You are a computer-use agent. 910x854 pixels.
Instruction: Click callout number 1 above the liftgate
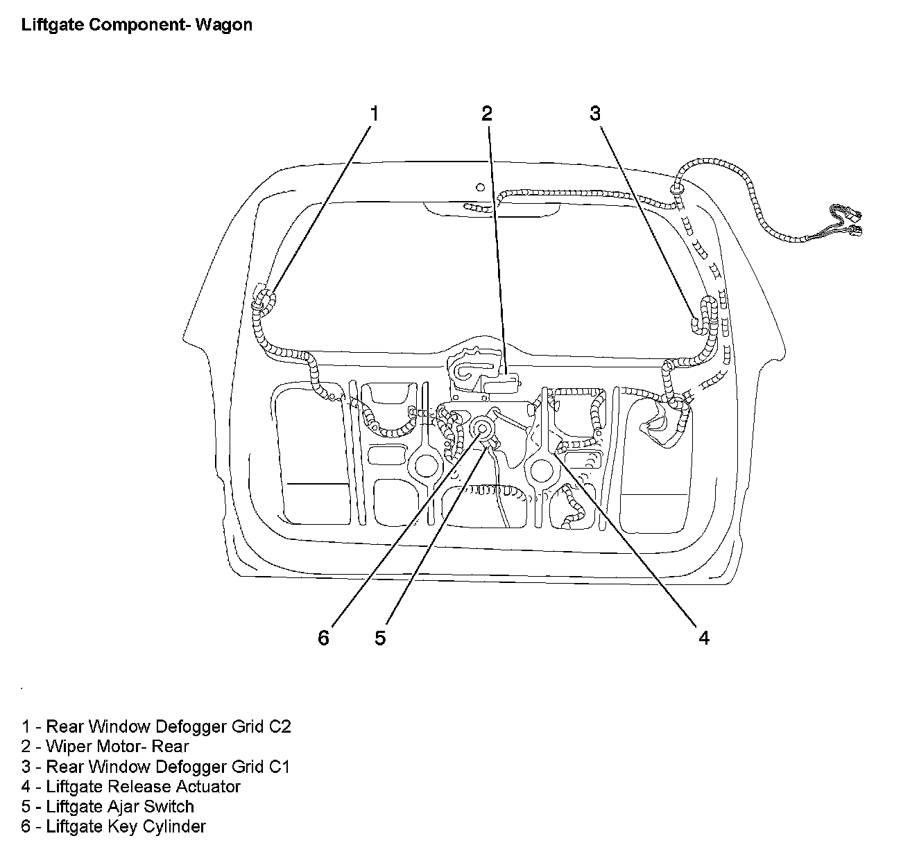(x=375, y=114)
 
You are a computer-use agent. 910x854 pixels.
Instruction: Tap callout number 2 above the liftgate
(x=487, y=114)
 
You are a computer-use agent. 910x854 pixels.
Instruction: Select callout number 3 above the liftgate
(x=595, y=114)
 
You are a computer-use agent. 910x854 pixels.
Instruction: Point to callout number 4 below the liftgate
(x=704, y=638)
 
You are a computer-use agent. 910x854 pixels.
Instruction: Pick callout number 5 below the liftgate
(x=380, y=638)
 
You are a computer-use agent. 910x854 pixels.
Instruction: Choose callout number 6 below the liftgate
(x=323, y=638)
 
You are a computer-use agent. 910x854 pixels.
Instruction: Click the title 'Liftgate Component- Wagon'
(x=137, y=26)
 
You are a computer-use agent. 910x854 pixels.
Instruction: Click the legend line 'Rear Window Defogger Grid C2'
(x=156, y=726)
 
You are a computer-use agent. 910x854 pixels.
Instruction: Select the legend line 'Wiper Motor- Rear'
(x=105, y=747)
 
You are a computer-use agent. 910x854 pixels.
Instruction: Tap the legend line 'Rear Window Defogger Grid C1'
(x=155, y=767)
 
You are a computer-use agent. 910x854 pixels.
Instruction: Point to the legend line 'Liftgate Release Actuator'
(x=130, y=787)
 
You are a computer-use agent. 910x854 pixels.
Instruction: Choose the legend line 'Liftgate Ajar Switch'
(x=108, y=807)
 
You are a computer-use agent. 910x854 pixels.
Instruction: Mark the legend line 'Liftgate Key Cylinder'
(x=113, y=827)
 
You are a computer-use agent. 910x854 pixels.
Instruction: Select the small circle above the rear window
(x=480, y=186)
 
